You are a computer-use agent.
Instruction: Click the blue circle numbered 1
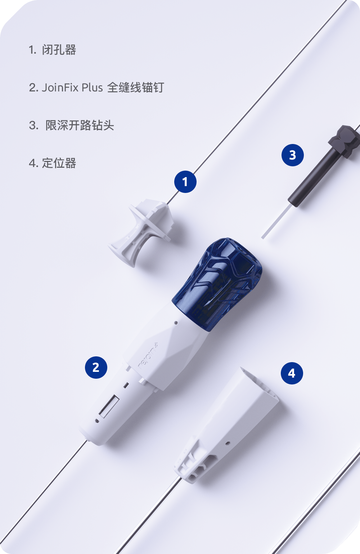185,182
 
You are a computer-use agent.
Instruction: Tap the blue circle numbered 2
96,367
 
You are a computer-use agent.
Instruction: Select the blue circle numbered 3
292,155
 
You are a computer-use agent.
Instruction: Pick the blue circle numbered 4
292,373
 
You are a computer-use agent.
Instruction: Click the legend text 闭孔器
59,50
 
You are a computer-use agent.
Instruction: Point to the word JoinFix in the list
60,87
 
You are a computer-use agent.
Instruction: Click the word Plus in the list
92,87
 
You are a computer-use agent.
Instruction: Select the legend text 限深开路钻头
80,125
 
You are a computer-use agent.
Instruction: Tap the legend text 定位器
59,163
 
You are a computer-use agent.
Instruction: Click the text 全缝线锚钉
136,87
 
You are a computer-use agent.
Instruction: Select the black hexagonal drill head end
345,140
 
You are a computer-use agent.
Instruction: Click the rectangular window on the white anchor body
109,406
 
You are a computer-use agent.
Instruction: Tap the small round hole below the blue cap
176,323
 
